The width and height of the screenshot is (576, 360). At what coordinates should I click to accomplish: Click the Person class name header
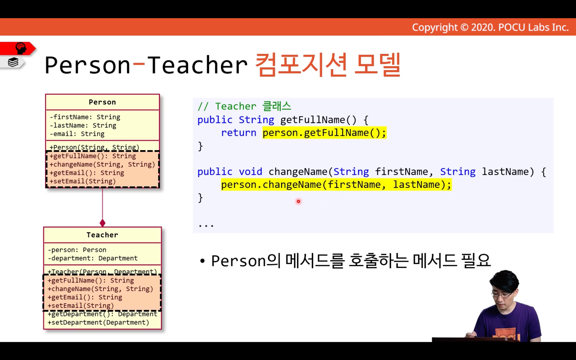point(102,102)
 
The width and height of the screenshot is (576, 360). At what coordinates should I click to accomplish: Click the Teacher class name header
point(102,235)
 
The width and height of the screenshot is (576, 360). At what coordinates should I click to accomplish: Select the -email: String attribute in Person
point(77,134)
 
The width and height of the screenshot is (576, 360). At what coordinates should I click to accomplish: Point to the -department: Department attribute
point(93,258)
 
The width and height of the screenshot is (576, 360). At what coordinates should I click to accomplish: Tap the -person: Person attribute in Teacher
point(77,250)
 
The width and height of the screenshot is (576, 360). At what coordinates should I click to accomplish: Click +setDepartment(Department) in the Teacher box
point(98,322)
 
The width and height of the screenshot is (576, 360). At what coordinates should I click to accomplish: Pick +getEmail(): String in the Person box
point(86,173)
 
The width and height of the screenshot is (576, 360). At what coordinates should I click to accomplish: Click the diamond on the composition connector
point(102,223)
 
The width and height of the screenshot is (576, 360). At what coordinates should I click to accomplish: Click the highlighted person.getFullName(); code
point(324,133)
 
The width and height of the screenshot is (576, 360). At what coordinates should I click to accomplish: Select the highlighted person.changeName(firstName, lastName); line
point(336,185)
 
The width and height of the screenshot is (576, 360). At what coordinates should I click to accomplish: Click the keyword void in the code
point(250,171)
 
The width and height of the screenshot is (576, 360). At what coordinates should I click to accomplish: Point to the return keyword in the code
point(238,133)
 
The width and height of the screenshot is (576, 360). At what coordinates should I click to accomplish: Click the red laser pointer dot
point(298,202)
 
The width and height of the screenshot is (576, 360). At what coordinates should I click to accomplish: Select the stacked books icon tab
point(13,62)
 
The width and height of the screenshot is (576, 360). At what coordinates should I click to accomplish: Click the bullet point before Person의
point(202,261)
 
